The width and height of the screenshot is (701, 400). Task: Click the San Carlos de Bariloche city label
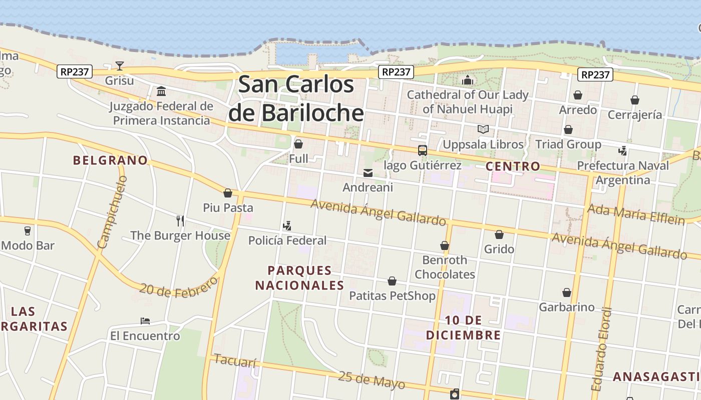click(296, 98)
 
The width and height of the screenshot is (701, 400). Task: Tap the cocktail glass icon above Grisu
click(120, 65)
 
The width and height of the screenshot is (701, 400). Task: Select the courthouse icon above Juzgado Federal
click(161, 91)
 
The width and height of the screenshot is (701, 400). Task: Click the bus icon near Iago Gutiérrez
click(423, 150)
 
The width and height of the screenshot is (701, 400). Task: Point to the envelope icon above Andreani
click(368, 173)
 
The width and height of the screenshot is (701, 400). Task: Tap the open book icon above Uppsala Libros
click(483, 129)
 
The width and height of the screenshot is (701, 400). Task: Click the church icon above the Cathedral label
click(468, 80)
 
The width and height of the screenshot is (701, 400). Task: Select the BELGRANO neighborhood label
click(110, 160)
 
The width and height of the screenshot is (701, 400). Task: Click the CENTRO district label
click(513, 166)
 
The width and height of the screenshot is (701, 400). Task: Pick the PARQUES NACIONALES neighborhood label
click(299, 278)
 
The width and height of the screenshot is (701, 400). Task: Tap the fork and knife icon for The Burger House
click(180, 220)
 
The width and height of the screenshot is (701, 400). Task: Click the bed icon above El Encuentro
click(145, 320)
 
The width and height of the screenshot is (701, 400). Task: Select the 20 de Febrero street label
click(179, 287)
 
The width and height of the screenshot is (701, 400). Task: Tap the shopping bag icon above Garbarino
click(567, 292)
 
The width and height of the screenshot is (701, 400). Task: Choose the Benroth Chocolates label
click(445, 267)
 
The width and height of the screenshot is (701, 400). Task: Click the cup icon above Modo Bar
click(28, 230)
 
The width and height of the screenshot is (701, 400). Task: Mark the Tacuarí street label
click(234, 360)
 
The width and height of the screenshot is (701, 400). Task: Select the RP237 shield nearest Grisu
click(75, 71)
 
